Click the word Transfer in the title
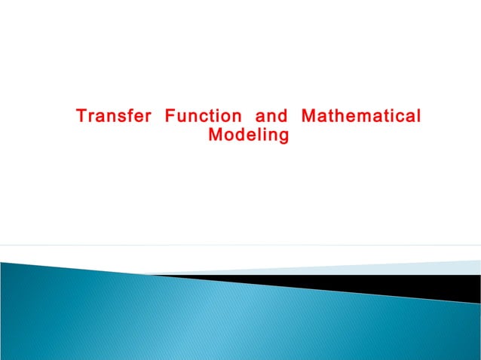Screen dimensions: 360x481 [x=112, y=118]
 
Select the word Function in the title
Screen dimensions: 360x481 [x=203, y=118]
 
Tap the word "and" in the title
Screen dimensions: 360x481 [x=271, y=118]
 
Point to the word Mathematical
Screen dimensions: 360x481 [x=360, y=118]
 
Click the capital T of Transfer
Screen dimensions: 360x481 [x=80, y=118]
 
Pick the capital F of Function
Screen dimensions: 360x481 [x=169, y=118]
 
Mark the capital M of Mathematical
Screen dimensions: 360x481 [x=308, y=118]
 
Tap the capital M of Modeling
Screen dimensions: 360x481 [x=214, y=137]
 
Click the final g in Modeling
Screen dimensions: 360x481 [x=284, y=139]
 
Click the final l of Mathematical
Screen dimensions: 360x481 [x=418, y=118]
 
